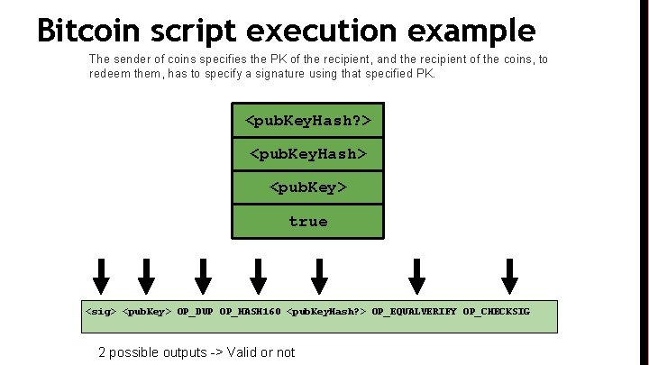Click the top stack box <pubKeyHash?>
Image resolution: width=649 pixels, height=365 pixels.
coord(308,120)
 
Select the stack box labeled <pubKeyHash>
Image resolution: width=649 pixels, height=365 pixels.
coord(308,154)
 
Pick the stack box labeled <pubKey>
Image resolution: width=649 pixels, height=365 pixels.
coord(308,187)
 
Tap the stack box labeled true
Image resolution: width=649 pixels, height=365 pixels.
coord(308,221)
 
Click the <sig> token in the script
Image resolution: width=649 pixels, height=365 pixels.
coord(101,312)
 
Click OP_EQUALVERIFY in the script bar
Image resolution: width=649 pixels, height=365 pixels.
coord(414,312)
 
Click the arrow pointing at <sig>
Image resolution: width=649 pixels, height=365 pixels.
coord(102,272)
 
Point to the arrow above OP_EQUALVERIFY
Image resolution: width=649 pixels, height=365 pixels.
coord(416,272)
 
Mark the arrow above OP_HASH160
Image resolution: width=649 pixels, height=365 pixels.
coord(259,272)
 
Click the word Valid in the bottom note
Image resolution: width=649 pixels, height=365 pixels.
coord(243,352)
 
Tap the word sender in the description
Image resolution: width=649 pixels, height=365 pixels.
coord(135,59)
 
